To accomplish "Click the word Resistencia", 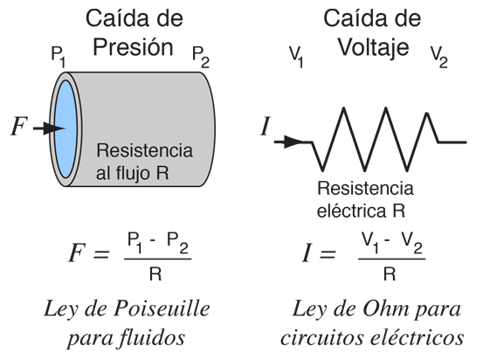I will pyautogui.click(x=144, y=150).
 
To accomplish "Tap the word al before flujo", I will pyautogui.click(x=103, y=173).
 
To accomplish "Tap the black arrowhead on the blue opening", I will pyautogui.click(x=57, y=129).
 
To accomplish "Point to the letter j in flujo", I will pyautogui.click(x=136, y=174).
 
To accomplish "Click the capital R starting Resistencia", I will pyautogui.click(x=102, y=150).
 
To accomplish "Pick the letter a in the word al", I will pyautogui.click(x=100, y=174).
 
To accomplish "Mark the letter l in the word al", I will pyautogui.click(x=107, y=173).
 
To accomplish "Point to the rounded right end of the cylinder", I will pyautogui.click(x=208, y=129).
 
